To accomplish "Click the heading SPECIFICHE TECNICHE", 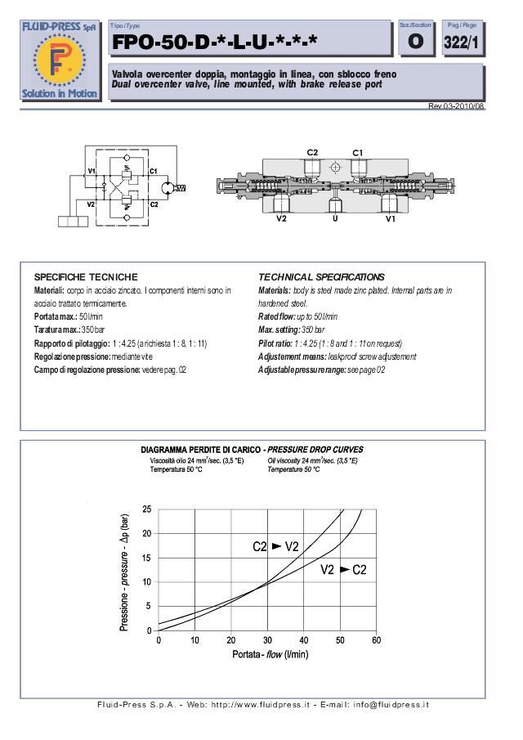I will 86,277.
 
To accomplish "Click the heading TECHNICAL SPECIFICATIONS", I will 321,277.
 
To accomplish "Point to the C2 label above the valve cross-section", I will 313,153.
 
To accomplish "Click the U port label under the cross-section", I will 334,218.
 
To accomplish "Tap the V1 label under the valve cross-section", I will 391,218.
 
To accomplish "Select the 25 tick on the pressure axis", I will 146,509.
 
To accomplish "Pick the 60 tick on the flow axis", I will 376,640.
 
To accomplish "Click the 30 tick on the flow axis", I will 267,640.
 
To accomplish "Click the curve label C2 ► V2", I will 275,546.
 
